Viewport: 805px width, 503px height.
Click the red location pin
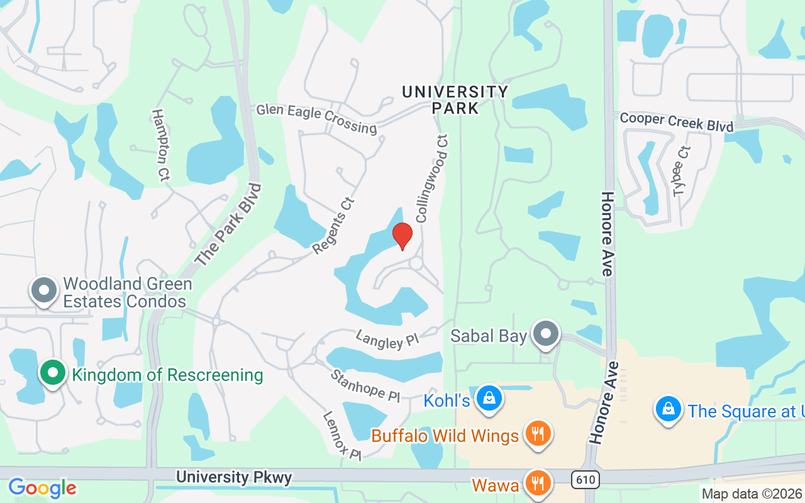pos(402,236)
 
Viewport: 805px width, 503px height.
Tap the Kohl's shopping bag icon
pos(488,398)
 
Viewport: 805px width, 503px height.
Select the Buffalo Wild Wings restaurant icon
pos(537,434)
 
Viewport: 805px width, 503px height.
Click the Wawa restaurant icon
pos(537,484)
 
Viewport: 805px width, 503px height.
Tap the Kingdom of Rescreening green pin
pos(53,373)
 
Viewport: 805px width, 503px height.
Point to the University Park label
pos(455,99)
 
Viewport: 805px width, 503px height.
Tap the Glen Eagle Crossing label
pos(316,119)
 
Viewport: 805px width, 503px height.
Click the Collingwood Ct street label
pos(431,178)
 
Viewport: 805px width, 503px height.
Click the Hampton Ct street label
pos(161,145)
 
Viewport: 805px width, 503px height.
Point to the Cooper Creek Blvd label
pos(677,122)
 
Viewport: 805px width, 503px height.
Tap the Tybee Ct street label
pos(682,171)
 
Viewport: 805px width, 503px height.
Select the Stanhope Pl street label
pos(365,385)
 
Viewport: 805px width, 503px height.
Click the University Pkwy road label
pos(234,477)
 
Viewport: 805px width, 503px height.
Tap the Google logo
pos(42,487)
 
